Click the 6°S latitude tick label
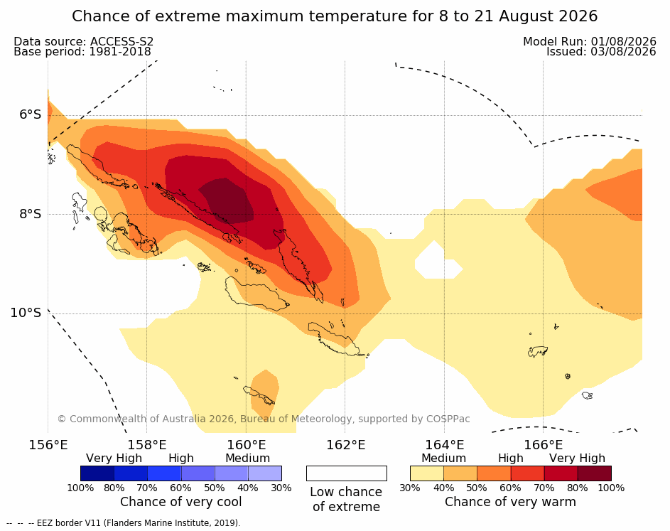31,114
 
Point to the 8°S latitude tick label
31,214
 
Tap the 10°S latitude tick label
26,313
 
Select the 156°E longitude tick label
48,445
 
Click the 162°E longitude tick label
346,445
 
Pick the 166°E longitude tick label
543,445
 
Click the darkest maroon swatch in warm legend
595,473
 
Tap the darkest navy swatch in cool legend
97,473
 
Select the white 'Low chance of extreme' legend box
347,473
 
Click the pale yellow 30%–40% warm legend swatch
427,473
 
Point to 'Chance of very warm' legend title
510,502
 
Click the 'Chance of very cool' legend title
180,502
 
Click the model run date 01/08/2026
623,41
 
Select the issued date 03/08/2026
623,52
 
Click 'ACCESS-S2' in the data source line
121,41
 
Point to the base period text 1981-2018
119,52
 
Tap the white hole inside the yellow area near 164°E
438,261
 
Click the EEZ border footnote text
124,523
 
